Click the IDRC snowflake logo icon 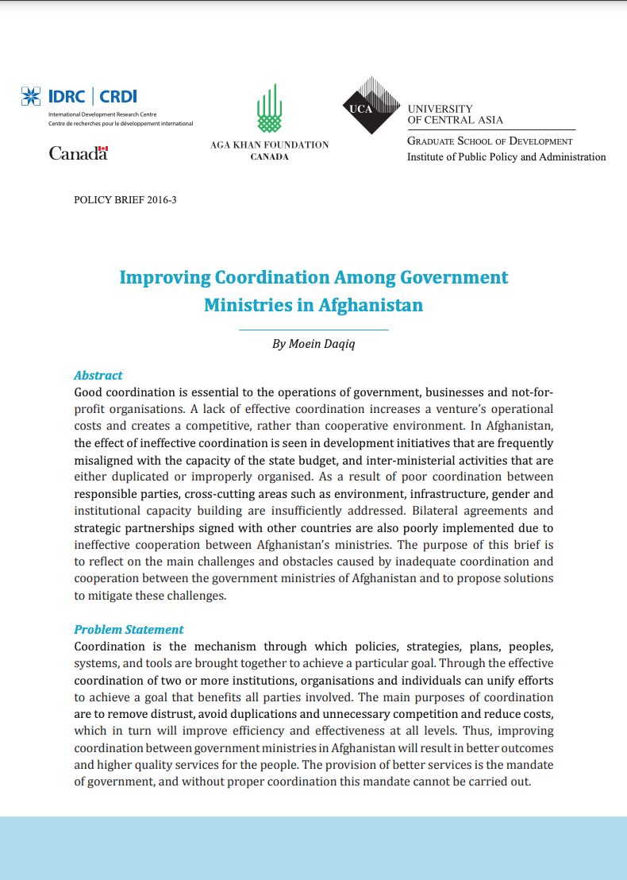click(30, 97)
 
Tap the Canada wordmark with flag click(78, 153)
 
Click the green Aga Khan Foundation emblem click(269, 109)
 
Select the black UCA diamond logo click(371, 107)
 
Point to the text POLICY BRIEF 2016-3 click(125, 200)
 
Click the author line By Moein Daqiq click(313, 344)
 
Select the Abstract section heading click(98, 375)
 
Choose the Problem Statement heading click(129, 629)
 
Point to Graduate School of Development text click(489, 141)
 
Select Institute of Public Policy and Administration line click(506, 157)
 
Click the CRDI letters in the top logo click(118, 97)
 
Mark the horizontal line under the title click(313, 329)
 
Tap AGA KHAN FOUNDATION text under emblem click(269, 145)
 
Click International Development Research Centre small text click(90, 115)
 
